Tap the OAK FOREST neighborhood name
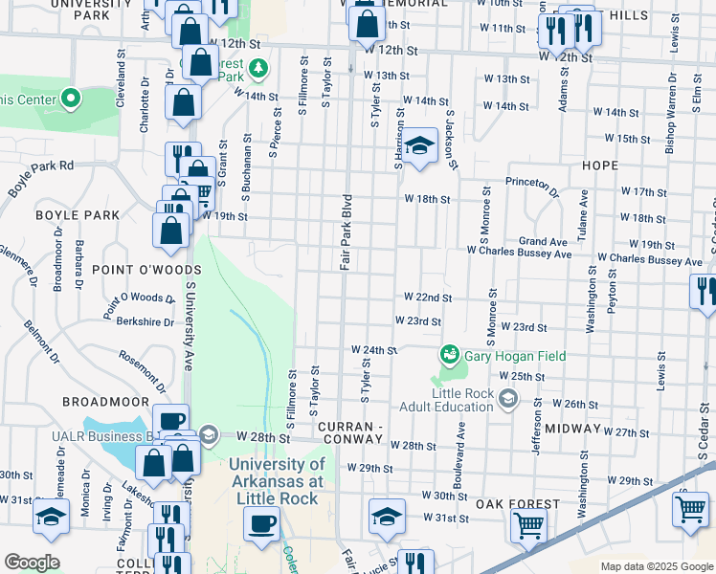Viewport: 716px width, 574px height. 517,504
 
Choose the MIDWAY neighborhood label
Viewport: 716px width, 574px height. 572,429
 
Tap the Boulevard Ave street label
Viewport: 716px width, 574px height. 461,456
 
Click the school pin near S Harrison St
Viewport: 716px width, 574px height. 417,147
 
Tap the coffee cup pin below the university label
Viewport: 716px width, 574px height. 259,522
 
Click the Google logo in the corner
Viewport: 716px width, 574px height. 32,563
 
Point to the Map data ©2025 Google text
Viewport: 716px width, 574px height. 655,566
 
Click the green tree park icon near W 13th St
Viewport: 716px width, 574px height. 257,69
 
